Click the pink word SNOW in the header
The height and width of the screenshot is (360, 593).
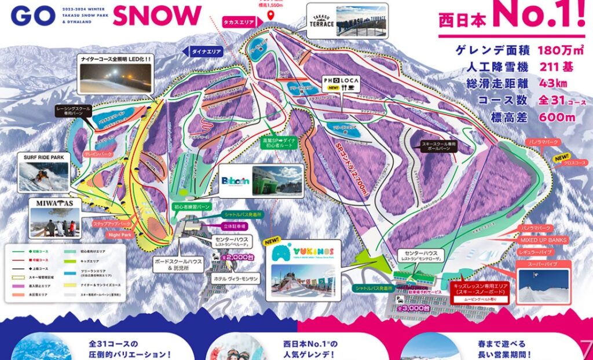[x=157, y=16]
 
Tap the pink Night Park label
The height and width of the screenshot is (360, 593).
[x=120, y=236]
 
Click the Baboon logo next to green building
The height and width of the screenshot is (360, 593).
[x=235, y=180]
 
